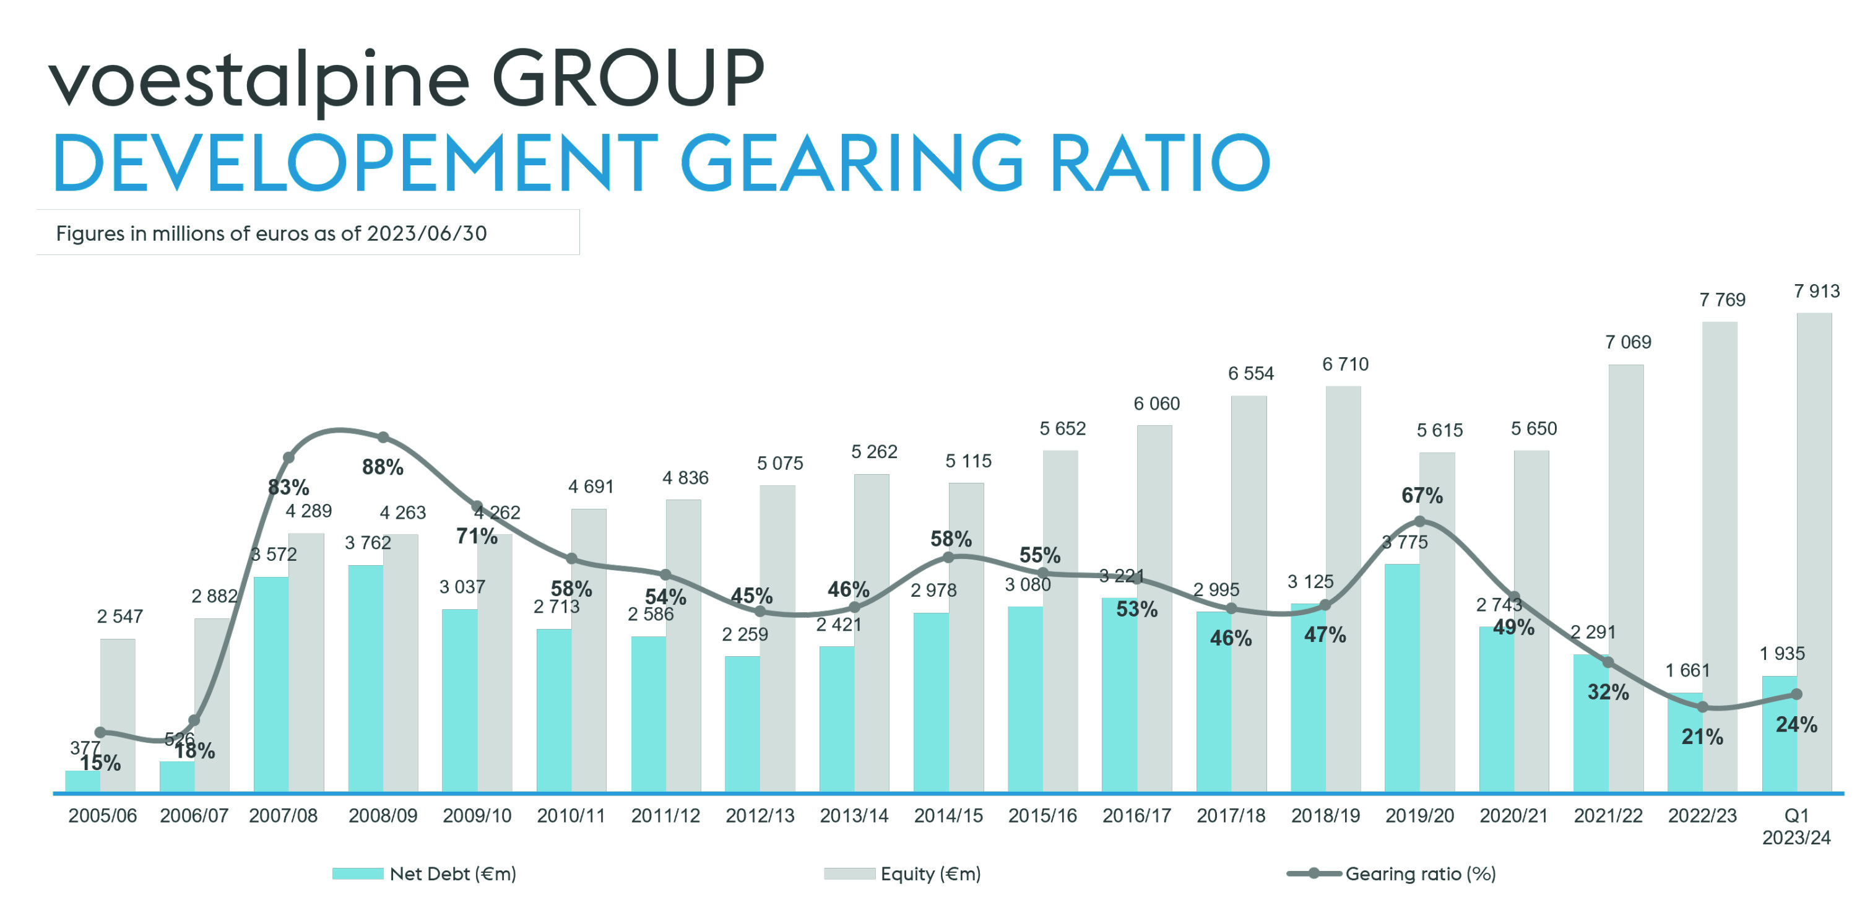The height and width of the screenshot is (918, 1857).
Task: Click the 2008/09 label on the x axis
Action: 383,816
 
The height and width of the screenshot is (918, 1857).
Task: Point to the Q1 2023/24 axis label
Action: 1796,826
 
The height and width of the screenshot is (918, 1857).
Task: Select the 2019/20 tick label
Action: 1419,816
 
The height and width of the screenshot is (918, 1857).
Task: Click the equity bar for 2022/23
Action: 1720,555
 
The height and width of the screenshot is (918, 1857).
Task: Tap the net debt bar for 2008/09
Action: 365,678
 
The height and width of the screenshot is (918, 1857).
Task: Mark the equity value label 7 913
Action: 1817,292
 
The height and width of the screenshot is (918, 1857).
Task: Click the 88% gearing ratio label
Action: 383,467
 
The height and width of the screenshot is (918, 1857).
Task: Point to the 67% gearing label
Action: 1422,495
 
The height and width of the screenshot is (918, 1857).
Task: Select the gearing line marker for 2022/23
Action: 1703,708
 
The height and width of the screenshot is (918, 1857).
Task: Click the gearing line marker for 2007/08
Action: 288,457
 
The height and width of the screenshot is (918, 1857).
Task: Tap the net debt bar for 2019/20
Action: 1402,678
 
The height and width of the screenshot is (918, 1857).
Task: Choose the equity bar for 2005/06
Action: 118,714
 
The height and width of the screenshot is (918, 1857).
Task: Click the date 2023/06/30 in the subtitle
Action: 426,233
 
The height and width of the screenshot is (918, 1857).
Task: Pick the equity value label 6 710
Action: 1345,364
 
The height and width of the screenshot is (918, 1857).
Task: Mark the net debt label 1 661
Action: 1687,670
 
